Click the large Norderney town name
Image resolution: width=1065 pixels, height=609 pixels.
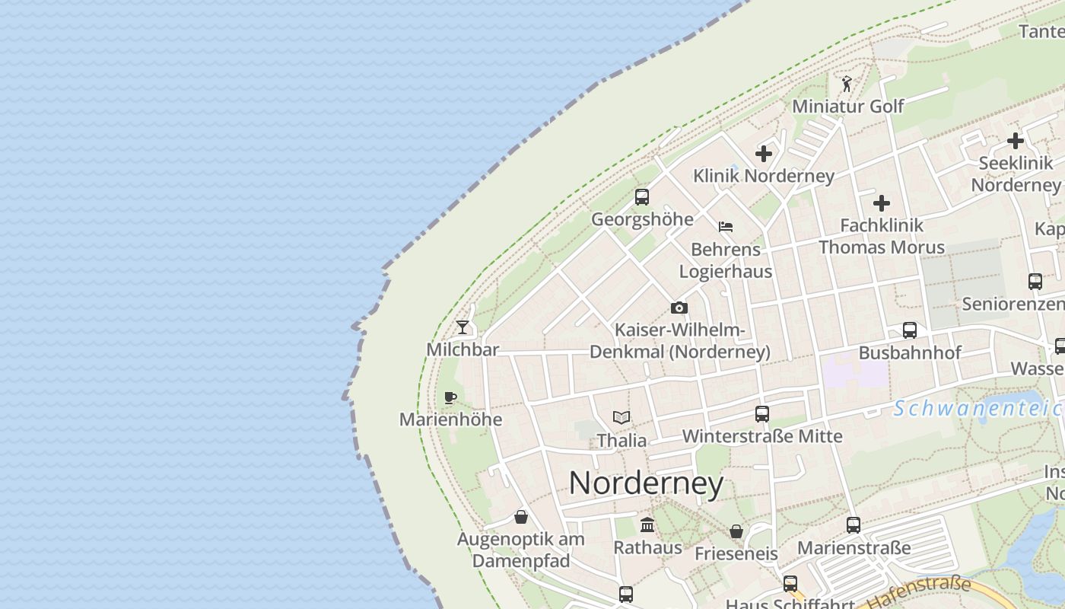coord(646,483)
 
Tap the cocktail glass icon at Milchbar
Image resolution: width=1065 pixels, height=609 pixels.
coord(463,327)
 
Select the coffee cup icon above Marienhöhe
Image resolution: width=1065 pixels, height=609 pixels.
coord(450,397)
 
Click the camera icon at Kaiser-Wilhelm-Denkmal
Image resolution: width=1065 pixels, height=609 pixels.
coord(679,308)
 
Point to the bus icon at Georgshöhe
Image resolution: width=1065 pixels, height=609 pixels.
coord(642,197)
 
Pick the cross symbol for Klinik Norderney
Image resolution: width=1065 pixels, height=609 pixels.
coord(764,154)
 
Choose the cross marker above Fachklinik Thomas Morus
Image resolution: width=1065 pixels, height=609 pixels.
coord(882,203)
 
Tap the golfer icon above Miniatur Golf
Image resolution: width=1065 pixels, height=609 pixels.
coord(847,84)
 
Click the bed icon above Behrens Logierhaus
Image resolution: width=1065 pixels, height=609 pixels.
coord(726,227)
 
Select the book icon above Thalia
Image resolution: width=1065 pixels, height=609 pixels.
coord(622,417)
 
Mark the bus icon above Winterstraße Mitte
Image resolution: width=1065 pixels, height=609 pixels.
coord(762,414)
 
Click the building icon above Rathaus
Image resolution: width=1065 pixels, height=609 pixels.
coord(647,525)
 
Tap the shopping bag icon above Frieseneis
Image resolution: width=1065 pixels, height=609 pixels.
coord(736,531)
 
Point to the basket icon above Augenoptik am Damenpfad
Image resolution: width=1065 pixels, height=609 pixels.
coord(521,517)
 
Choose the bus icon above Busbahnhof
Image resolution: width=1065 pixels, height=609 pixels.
coord(910,330)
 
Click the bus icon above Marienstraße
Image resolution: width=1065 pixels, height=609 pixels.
coord(854,525)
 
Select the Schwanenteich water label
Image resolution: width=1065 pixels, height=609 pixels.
coord(978,409)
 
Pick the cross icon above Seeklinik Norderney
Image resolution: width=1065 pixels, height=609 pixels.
coord(1016,141)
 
